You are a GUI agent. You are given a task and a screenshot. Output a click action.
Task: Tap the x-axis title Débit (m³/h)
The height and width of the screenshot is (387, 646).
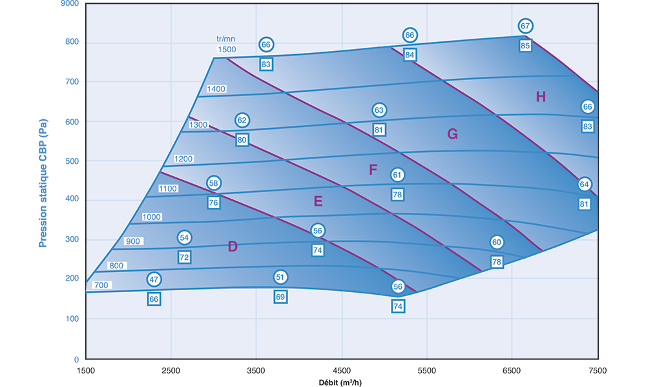point(341,382)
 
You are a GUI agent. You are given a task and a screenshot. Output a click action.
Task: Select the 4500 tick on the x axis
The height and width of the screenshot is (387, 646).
point(341,370)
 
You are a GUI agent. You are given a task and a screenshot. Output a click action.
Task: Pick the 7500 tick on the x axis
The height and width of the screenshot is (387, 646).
point(597,370)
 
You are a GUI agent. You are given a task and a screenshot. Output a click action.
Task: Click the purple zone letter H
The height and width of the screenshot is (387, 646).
point(541,97)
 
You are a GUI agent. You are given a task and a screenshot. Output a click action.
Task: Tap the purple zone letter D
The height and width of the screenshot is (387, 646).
point(233,246)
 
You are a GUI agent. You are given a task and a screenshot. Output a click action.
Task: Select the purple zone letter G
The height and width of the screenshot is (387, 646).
point(452,134)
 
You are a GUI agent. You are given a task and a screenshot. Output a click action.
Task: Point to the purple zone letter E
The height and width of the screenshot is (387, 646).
point(318,202)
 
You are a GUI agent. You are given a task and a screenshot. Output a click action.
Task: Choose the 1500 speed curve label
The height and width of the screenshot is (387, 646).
point(227,50)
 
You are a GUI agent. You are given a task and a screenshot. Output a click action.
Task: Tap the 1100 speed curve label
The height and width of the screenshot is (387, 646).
point(167,188)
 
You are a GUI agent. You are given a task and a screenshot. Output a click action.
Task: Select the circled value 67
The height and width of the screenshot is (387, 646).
point(525,26)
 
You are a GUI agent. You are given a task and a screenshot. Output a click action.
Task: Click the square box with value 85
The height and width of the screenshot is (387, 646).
point(525,46)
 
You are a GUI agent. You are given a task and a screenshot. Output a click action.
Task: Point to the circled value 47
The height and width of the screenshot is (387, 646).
point(154,280)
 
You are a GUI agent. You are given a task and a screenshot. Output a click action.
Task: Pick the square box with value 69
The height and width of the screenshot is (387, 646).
point(280,297)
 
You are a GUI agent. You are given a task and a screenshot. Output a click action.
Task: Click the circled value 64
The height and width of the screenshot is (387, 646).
point(585,184)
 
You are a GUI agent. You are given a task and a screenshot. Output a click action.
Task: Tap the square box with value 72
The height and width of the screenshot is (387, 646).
point(184,257)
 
